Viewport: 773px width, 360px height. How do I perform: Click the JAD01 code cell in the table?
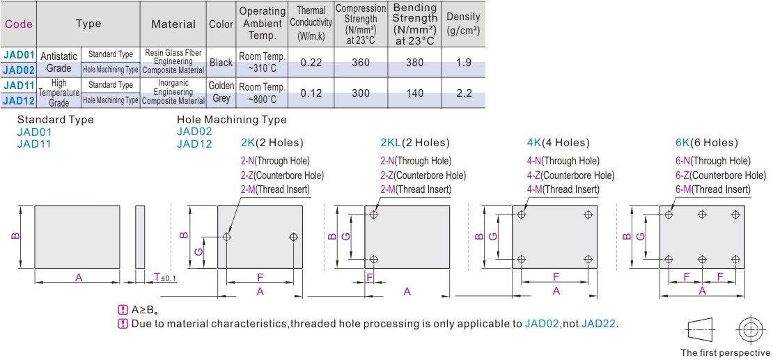pos(18,54)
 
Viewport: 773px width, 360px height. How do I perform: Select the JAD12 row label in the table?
pos(18,100)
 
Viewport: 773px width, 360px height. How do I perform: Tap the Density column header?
pos(462,24)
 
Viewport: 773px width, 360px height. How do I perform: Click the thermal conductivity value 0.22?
pos(311,63)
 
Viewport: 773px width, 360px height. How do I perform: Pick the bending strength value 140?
pos(414,93)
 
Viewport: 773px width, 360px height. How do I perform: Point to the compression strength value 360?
pos(361,63)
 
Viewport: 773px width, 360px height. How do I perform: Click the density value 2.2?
pos(463,93)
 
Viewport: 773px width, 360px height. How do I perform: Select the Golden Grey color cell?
pos(221,93)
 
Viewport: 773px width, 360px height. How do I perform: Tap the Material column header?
pos(173,24)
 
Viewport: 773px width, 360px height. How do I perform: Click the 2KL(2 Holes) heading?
pos(415,143)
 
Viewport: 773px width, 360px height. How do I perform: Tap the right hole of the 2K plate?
pos(292,237)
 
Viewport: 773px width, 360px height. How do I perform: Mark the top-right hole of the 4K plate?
pos(588,214)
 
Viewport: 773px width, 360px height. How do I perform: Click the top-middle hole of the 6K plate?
pos(702,214)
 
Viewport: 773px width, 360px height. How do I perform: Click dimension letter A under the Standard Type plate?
pos(79,278)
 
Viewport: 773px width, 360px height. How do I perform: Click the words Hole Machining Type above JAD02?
pos(231,120)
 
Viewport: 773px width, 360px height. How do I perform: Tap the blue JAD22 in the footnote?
pos(599,324)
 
